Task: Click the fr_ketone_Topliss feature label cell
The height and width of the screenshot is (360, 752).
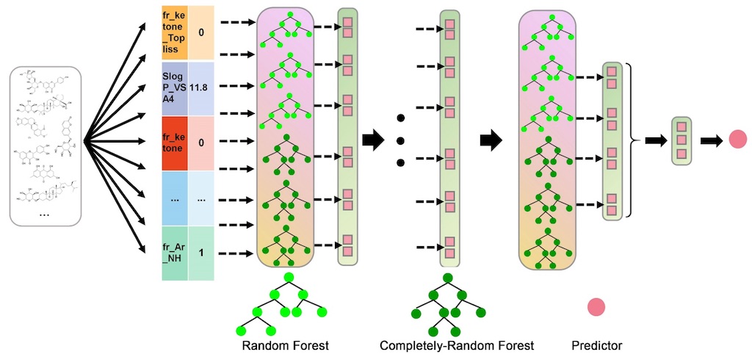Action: (174, 34)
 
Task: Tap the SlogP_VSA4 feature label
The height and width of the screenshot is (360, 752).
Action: (174, 87)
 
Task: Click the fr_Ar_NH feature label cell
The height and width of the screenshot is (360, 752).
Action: (174, 252)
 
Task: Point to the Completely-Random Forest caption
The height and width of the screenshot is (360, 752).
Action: (457, 345)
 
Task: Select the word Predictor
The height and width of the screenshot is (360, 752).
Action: (597, 345)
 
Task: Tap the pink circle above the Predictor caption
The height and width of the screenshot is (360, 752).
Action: (596, 307)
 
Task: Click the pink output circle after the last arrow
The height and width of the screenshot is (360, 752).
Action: (737, 140)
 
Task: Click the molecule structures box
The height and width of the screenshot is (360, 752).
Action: (46, 146)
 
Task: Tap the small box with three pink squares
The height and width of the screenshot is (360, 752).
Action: (681, 140)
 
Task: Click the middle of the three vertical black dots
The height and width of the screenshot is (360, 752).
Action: (401, 140)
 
